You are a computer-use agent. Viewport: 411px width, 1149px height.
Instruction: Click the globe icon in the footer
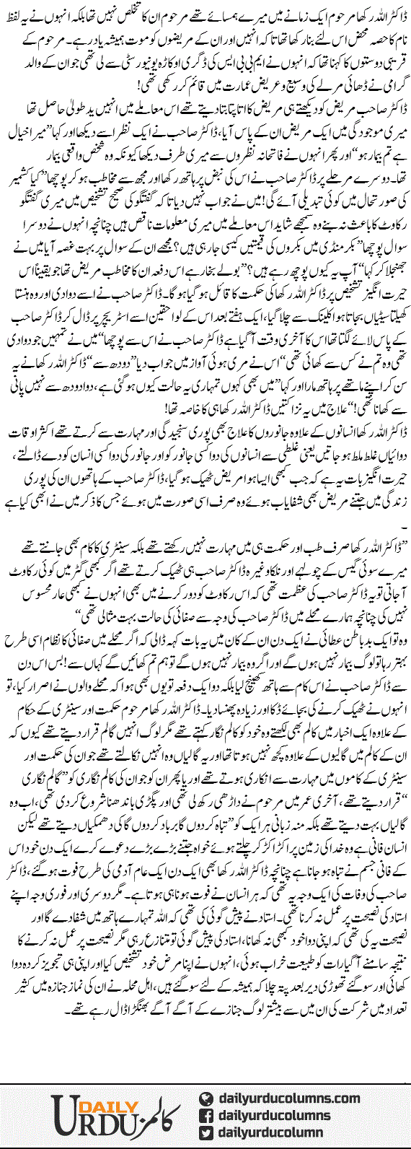(206, 1098)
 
